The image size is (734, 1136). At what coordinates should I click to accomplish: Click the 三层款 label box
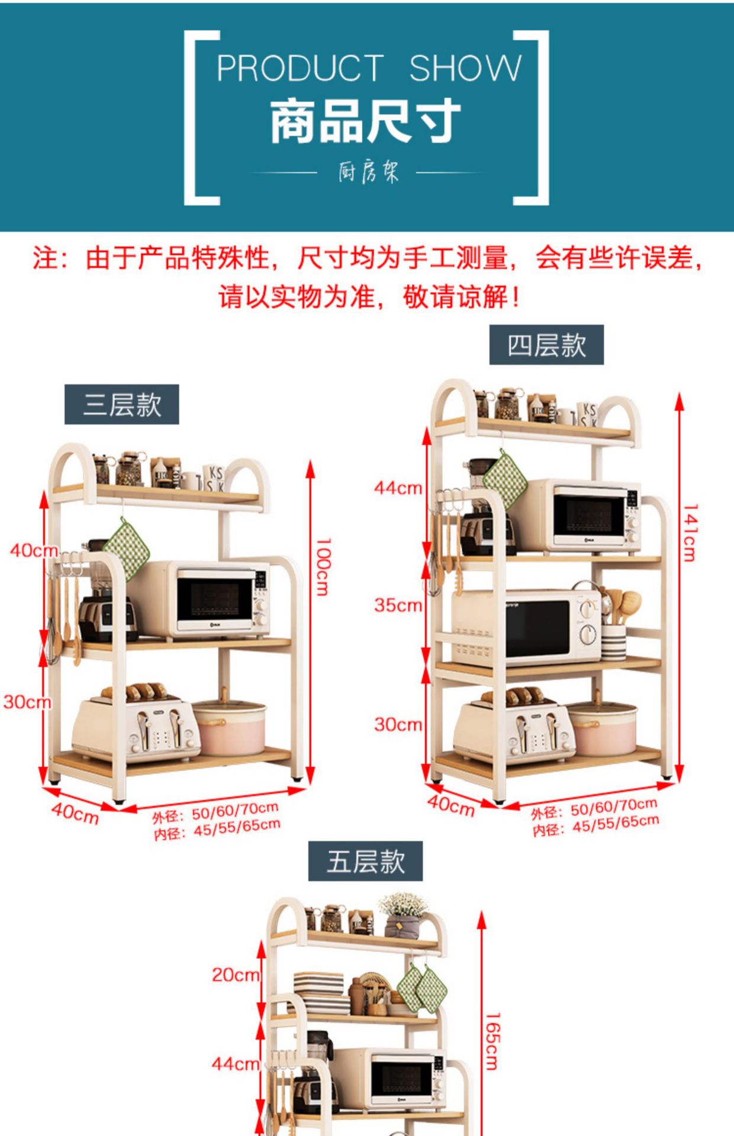121,405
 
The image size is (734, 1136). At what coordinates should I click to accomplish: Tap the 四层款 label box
546,345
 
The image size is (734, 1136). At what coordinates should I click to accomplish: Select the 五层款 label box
365,861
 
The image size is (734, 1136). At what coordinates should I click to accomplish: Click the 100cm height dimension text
323,566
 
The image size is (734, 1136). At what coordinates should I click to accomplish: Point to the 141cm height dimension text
690,532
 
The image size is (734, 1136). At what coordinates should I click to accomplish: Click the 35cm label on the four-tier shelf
398,605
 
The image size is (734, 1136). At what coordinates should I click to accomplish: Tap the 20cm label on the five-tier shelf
236,974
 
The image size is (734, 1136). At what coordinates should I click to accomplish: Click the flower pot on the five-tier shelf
403,915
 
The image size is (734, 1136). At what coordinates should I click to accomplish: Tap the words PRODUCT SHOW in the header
368,68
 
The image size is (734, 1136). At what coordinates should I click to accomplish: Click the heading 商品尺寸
365,122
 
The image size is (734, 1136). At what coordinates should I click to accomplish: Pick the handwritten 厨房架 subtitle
368,173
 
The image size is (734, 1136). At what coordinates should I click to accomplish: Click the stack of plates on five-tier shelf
320,992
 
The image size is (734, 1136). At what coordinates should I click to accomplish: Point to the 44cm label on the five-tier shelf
236,1063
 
